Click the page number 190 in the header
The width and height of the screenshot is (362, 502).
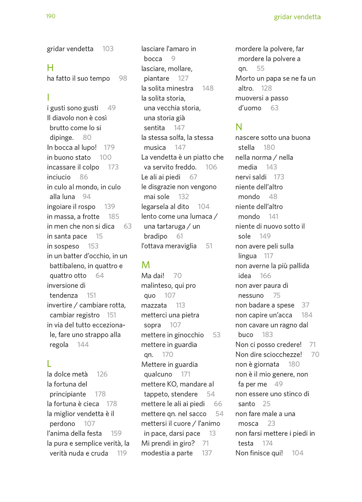pos(51,16)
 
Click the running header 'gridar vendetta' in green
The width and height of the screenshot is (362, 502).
pos(297,17)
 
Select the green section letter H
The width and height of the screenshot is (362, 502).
pos(50,68)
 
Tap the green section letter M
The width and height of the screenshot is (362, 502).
pos(146,265)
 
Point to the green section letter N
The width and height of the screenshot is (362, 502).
pos(239,127)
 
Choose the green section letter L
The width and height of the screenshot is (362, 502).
pos(49,364)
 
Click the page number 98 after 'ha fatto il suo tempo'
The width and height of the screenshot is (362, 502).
pos(123,78)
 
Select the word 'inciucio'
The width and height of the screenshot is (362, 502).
pos(59,177)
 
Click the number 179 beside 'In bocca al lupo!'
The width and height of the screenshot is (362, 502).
pos(109,147)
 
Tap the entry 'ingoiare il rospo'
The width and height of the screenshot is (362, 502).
pos(71,207)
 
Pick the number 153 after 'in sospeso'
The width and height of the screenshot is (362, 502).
pos(93,246)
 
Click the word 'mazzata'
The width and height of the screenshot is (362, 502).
pos(154,305)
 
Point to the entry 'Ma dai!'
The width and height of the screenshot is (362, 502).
pos(153,275)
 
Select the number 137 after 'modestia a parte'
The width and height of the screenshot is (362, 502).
pos(207,453)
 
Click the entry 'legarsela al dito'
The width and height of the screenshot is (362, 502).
pos(165,207)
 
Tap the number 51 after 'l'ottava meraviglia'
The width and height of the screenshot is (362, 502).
pos(209,246)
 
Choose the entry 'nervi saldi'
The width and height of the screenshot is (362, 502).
pos(251,177)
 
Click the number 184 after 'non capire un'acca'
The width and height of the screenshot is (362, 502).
pos(307,315)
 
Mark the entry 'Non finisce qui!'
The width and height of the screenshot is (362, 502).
pos(259,453)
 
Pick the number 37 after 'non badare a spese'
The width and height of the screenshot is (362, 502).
pos(305,305)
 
